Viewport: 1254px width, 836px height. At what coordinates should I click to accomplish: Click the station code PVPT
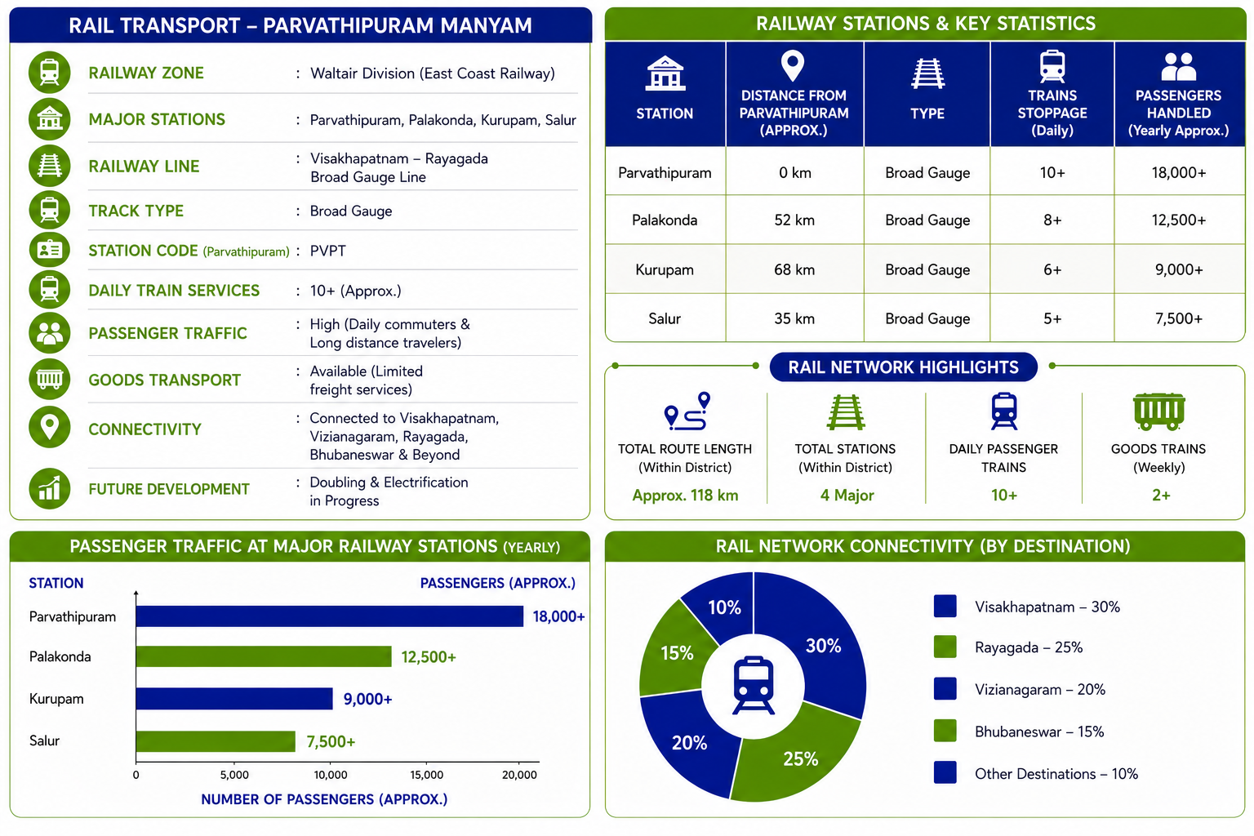[327, 251]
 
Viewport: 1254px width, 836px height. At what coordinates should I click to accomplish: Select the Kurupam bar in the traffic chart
[234, 698]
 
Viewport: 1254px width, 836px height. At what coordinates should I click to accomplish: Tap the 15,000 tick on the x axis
[426, 775]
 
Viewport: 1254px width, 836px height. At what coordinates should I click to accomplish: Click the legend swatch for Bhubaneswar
[945, 731]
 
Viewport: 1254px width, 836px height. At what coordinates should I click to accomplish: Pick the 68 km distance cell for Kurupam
[794, 269]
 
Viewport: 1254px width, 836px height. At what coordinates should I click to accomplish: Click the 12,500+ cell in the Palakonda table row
[1178, 220]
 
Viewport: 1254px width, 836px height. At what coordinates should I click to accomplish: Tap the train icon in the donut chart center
[754, 685]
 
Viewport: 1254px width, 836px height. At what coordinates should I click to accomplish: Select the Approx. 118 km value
[685, 495]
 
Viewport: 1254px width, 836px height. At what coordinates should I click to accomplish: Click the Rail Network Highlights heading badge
[903, 367]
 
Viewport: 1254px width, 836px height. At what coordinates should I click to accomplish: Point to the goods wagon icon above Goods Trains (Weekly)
[1158, 411]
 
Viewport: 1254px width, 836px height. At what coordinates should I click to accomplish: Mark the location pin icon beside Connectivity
[49, 427]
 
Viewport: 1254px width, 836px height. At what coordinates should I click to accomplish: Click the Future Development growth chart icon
[49, 487]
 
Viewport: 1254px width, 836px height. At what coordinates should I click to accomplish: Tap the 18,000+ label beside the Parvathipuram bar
[558, 616]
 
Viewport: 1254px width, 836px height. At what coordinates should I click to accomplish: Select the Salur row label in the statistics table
[665, 318]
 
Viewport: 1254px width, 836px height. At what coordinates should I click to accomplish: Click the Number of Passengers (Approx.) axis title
[324, 799]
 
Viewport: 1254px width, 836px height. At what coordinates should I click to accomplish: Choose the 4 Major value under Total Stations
[847, 495]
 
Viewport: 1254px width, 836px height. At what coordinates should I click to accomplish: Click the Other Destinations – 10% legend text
[1056, 773]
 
